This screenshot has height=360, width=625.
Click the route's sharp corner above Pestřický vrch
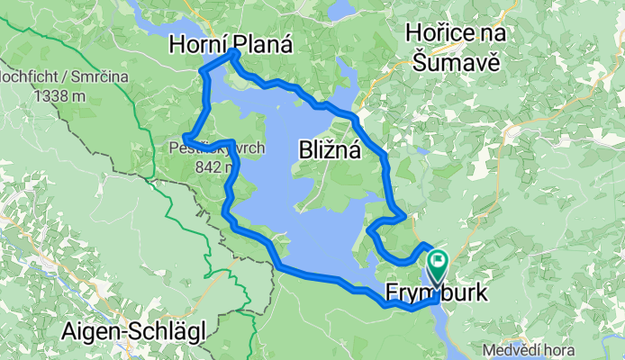[x=185, y=137]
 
